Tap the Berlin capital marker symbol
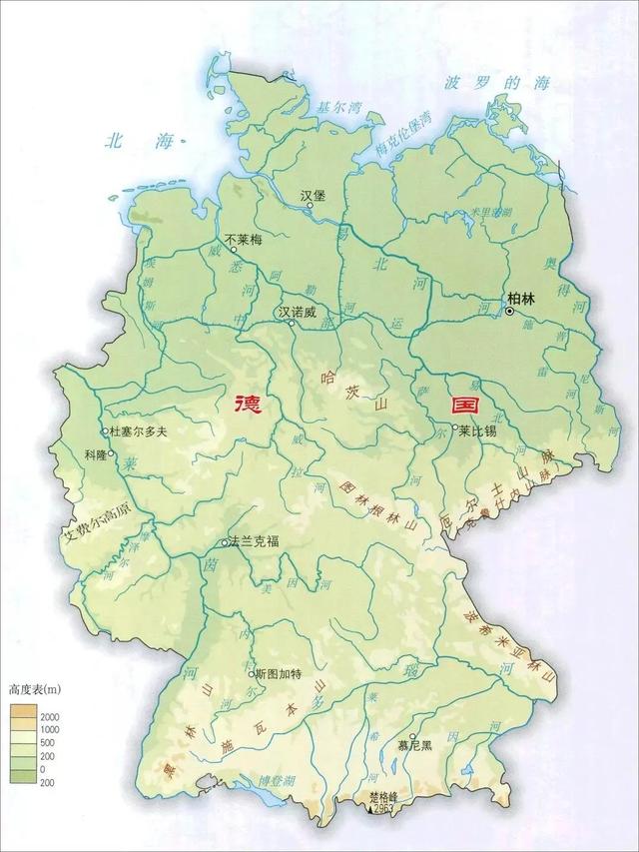pos(510,312)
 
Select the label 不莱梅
pos(242,240)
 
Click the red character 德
pos(245,406)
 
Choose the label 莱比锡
pos(477,431)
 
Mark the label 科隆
pos(96,453)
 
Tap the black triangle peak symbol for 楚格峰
pos(370,809)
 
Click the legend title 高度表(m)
pos(35,690)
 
